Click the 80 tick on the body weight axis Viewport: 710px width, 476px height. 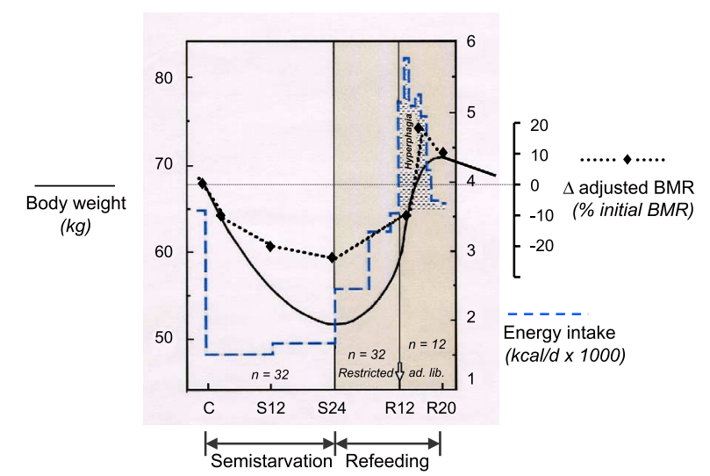(x=163, y=78)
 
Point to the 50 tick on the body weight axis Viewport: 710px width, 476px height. (x=163, y=339)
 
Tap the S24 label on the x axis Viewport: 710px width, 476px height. (x=333, y=408)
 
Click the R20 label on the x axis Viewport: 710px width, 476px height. (x=441, y=408)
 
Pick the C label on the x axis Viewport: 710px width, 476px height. (x=207, y=408)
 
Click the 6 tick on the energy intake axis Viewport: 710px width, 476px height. (x=471, y=41)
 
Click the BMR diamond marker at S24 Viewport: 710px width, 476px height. (x=333, y=257)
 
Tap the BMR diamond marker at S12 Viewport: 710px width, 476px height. (x=270, y=246)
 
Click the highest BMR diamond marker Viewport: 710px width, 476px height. (x=420, y=128)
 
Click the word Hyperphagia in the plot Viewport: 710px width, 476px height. (x=409, y=141)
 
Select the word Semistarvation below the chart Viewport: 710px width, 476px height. (x=269, y=461)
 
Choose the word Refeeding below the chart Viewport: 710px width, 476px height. (x=388, y=461)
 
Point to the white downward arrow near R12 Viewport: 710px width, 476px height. (x=399, y=371)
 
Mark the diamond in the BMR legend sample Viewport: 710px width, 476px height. (x=628, y=160)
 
